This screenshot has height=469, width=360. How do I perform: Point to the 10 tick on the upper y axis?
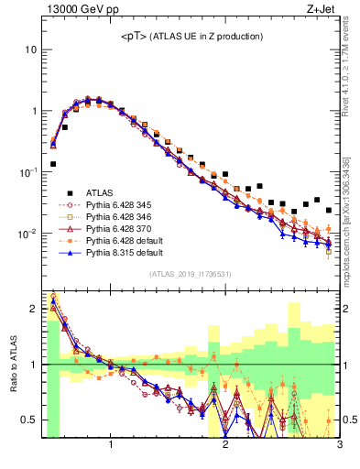pyautogui.click(x=32, y=49)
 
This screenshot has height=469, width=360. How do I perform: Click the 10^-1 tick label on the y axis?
pyautogui.click(x=29, y=172)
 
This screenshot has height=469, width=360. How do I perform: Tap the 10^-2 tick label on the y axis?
pyautogui.click(x=29, y=234)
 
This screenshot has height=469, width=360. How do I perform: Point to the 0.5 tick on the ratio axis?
pyautogui.click(x=30, y=420)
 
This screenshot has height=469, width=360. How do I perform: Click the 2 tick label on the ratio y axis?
pyautogui.click(x=34, y=309)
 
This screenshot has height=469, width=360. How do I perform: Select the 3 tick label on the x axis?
pyautogui.click(x=339, y=446)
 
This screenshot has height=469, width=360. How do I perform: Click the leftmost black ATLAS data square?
pyautogui.click(x=53, y=164)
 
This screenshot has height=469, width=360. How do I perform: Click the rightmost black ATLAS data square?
pyautogui.click(x=329, y=210)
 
